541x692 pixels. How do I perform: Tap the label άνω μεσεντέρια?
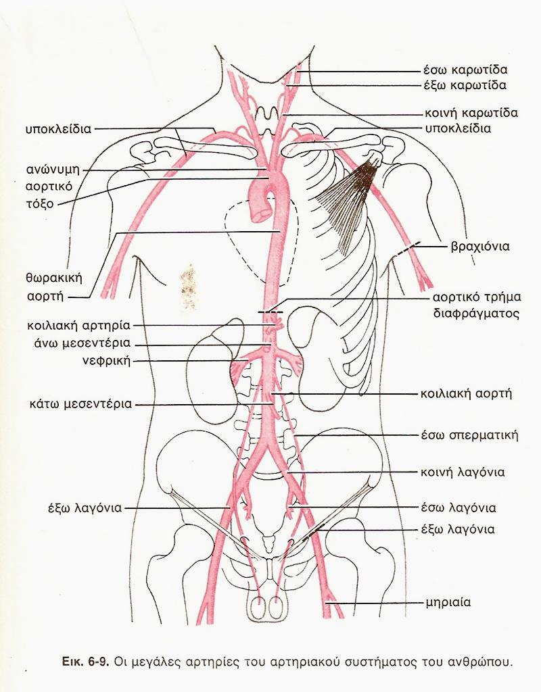[x=79, y=342]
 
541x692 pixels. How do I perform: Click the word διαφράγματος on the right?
[x=475, y=314]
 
